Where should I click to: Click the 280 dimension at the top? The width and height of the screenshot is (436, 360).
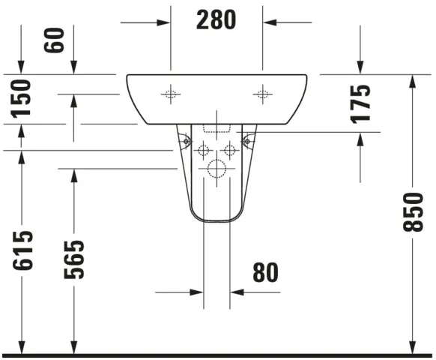click(x=216, y=20)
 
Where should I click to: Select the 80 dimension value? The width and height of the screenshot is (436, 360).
click(x=264, y=273)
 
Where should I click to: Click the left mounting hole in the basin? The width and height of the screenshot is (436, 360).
click(x=171, y=94)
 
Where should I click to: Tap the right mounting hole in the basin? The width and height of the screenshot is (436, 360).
click(x=262, y=94)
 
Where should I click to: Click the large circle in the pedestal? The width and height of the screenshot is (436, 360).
click(x=217, y=170)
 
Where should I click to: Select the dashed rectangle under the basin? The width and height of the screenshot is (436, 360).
click(x=217, y=128)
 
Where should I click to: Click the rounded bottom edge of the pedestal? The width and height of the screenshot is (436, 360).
click(x=217, y=223)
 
